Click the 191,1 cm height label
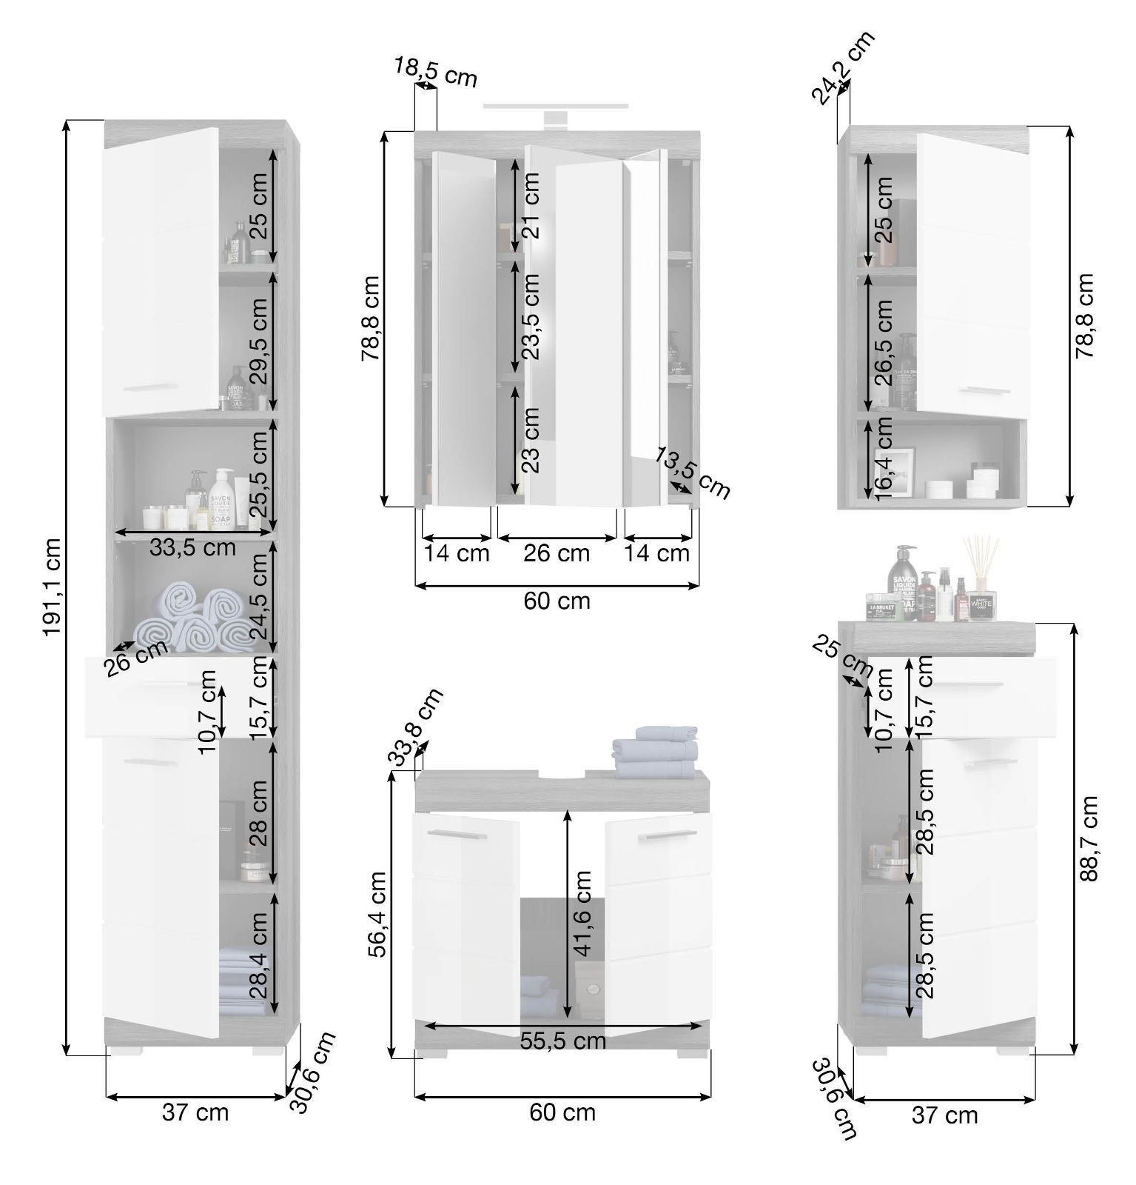pyautogui.click(x=51, y=587)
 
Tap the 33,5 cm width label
pyautogui.click(x=192, y=549)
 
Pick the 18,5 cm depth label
pyautogui.click(x=435, y=72)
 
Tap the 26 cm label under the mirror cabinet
pyautogui.click(x=557, y=553)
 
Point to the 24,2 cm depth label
pyautogui.click(x=844, y=67)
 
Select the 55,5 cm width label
pyautogui.click(x=563, y=1041)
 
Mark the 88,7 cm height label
pyautogui.click(x=1086, y=838)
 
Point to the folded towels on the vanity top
pyautogui.click(x=656, y=752)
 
